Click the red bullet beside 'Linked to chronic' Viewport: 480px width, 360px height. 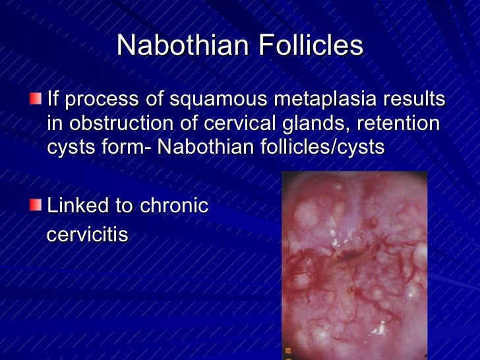[34, 206]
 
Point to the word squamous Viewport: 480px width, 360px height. [199, 101]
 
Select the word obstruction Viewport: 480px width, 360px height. [118, 123]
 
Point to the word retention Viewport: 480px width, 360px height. [400, 123]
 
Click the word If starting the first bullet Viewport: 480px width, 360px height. [53, 101]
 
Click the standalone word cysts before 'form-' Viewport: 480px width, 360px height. [69, 146]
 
